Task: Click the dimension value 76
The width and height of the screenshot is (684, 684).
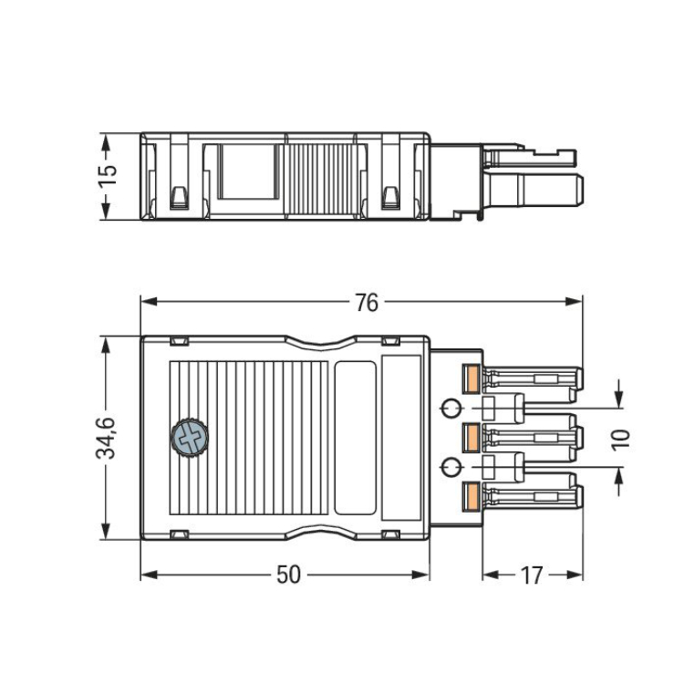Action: (367, 303)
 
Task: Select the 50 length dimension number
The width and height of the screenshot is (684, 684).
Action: (288, 575)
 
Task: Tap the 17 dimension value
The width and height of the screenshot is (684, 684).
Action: (532, 575)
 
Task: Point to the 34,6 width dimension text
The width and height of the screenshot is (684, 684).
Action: (106, 438)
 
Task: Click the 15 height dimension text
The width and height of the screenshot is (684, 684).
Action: (108, 176)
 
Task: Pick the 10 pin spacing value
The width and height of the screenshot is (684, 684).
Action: (621, 440)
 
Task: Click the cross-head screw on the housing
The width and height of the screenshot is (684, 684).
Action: (190, 438)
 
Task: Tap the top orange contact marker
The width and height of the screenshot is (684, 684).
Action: (472, 378)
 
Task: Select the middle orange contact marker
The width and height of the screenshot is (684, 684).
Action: (472, 438)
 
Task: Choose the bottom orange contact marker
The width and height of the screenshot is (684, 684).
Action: (472, 496)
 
